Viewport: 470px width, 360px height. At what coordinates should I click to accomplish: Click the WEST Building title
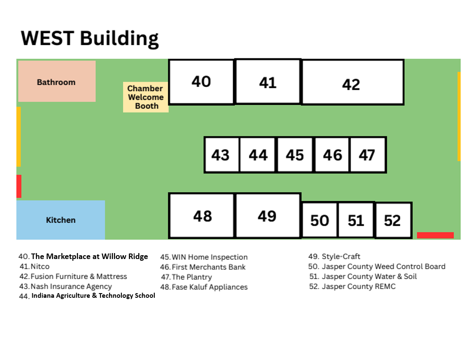[89, 38]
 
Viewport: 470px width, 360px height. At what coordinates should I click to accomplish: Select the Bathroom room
[57, 81]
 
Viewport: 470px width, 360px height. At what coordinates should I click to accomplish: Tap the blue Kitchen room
[61, 220]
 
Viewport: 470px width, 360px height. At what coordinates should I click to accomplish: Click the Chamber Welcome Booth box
[146, 97]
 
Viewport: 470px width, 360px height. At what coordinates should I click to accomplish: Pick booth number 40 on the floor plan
[202, 82]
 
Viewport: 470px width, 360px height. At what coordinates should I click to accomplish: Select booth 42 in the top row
[353, 82]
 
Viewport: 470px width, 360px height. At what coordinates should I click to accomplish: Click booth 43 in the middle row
[222, 155]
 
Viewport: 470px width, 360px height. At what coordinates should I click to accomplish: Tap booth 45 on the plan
[295, 155]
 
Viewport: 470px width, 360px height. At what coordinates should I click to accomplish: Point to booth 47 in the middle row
[368, 155]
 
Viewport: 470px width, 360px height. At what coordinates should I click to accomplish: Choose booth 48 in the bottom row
[202, 216]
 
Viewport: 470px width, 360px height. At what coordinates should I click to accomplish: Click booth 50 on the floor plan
[320, 220]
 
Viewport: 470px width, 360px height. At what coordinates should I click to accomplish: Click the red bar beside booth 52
[435, 235]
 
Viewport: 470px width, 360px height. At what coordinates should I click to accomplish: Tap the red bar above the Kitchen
[19, 186]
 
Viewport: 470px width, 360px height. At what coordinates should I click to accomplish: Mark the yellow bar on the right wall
[459, 116]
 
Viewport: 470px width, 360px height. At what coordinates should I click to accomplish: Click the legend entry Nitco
[35, 266]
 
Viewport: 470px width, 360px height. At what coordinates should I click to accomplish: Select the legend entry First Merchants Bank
[203, 267]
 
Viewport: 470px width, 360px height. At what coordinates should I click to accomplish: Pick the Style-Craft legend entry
[334, 256]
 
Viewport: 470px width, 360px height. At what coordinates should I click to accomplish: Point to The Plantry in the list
[187, 277]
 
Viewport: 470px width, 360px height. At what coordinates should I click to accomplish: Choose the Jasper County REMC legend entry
[352, 287]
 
